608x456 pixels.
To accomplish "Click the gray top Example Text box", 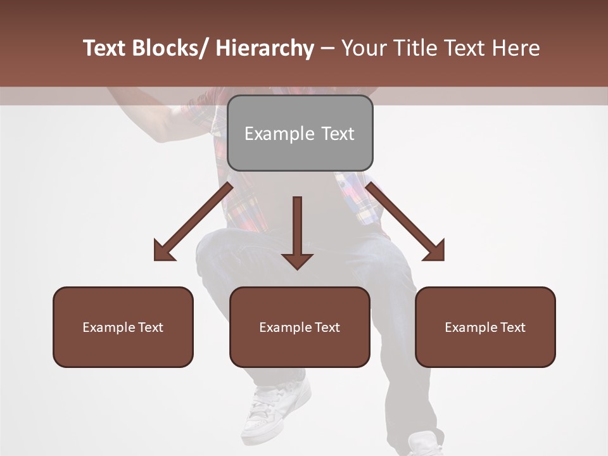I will [x=300, y=133].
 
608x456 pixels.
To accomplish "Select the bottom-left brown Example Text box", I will [x=123, y=327].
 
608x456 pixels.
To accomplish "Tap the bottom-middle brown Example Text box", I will [x=300, y=327].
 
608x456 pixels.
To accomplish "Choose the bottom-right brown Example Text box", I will [x=485, y=327].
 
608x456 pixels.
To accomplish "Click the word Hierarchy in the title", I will [x=264, y=48].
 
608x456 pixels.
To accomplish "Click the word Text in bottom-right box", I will [x=512, y=327].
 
